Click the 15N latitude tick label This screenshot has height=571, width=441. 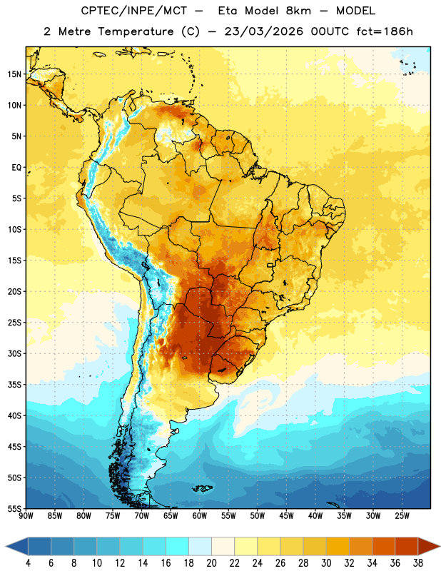point(14,74)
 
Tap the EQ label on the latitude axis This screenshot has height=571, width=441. point(16,168)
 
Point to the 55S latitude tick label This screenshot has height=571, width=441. point(14,508)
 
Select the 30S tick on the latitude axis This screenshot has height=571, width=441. point(14,353)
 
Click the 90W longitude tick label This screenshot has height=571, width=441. point(26,516)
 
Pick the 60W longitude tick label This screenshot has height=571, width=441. point(200,516)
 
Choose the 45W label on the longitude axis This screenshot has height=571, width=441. point(286,516)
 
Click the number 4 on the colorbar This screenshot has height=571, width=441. point(28,563)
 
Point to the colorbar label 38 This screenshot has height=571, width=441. point(417,563)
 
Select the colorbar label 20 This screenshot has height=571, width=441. point(211,563)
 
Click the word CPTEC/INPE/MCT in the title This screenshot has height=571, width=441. point(133,11)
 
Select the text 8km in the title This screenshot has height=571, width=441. point(298,11)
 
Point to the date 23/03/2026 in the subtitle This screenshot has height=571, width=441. point(263,31)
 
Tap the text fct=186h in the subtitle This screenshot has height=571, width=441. point(385,31)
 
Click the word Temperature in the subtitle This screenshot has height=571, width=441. point(136,32)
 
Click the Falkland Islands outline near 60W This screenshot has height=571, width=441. point(202,488)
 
